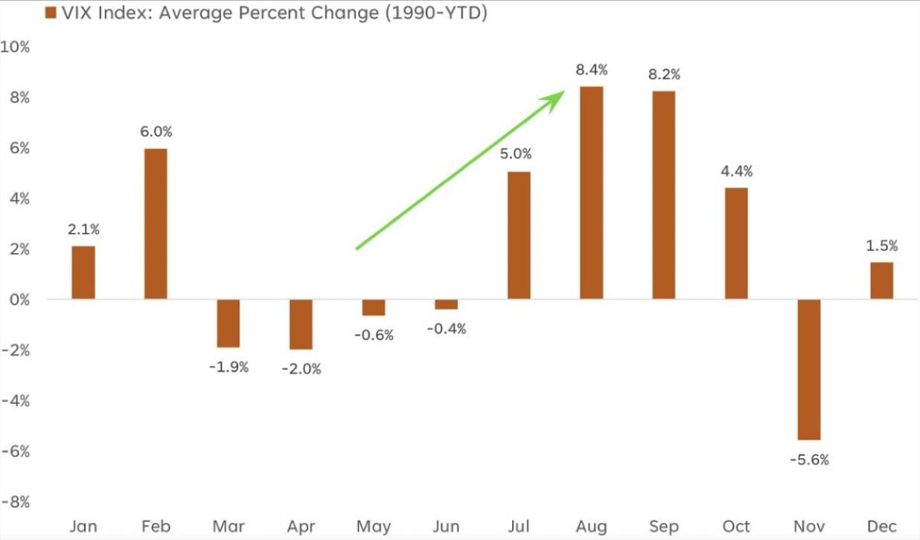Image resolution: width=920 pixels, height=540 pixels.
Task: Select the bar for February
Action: tap(156, 224)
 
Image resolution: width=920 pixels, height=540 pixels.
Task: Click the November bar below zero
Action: tap(809, 370)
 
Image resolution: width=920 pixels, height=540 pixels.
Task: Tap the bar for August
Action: tap(592, 193)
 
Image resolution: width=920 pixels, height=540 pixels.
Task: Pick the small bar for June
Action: tap(447, 304)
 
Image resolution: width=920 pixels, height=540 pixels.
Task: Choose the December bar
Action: tap(881, 280)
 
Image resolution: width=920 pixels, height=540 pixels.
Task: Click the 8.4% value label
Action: tap(592, 71)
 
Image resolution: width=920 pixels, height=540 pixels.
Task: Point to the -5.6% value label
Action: tap(809, 460)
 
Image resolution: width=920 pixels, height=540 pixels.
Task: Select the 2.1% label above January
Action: tap(83, 230)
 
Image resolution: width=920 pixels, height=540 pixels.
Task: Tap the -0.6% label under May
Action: tap(374, 335)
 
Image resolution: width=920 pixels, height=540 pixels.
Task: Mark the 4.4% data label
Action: tap(737, 172)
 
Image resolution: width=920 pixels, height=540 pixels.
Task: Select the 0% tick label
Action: tap(19, 300)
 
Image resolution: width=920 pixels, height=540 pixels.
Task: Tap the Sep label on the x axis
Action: tap(664, 527)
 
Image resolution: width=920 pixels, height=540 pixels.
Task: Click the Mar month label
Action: tap(229, 527)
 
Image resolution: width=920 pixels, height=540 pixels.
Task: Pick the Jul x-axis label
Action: tap(519, 527)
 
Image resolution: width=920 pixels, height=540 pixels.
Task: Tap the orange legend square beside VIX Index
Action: tap(51, 13)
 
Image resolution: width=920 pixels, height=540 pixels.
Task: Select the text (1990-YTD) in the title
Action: tap(435, 13)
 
